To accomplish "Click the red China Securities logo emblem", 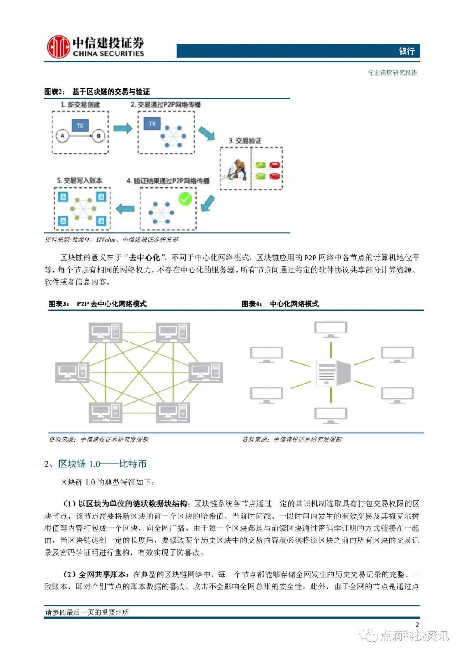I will tap(58, 47).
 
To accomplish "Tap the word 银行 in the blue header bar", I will tap(406, 51).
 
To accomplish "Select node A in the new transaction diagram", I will tap(62, 136).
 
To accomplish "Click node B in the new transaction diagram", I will tap(98, 136).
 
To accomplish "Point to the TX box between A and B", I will tap(80, 125).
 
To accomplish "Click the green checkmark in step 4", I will tap(185, 199).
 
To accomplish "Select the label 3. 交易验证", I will tap(245, 141).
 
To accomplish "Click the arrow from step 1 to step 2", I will tap(123, 128).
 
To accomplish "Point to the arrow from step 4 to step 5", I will tap(125, 209).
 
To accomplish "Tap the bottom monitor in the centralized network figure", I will tap(331, 415).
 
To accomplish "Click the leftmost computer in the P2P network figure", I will tap(72, 372).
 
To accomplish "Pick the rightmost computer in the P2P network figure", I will tap(206, 372).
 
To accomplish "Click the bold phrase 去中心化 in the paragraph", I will tap(145, 258).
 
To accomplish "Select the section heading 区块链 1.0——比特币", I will tap(102, 464).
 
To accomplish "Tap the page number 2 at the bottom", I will tap(417, 625).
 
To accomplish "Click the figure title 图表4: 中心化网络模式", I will tap(280, 304).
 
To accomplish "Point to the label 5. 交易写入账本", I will tap(79, 181).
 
